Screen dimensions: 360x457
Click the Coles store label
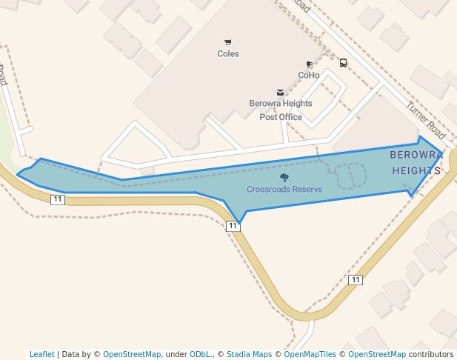tap(228, 54)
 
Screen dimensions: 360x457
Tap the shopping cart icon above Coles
tap(227, 42)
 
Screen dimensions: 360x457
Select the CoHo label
tap(309, 76)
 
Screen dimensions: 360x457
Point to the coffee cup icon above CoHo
tap(309, 65)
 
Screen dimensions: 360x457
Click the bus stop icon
tap(344, 63)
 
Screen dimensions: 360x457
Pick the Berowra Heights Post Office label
tap(281, 110)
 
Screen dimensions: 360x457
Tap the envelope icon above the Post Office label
tap(280, 93)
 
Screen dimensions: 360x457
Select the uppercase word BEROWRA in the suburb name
tap(416, 155)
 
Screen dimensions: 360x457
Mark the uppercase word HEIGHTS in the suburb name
tap(416, 170)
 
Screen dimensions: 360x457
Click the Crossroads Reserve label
tap(284, 190)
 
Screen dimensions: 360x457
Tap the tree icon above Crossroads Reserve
tap(284, 178)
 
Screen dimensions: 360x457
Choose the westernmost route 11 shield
tap(58, 199)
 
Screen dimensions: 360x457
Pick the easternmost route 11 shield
tap(356, 280)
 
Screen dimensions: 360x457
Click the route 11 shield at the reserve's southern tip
tap(233, 226)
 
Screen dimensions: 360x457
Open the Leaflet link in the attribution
tap(42, 355)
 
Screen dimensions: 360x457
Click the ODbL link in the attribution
tap(199, 355)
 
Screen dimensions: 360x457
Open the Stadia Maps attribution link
tap(249, 355)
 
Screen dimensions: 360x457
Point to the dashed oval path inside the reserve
tap(352, 176)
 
